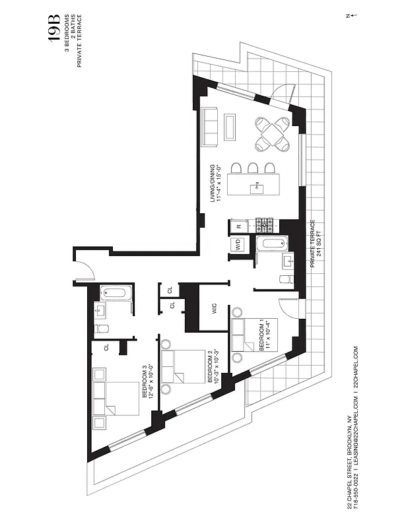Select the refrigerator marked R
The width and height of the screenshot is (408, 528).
click(x=238, y=226)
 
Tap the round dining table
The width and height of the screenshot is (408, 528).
click(x=271, y=134)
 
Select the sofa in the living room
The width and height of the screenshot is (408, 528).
click(x=210, y=127)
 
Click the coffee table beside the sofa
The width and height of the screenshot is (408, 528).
click(x=230, y=127)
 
